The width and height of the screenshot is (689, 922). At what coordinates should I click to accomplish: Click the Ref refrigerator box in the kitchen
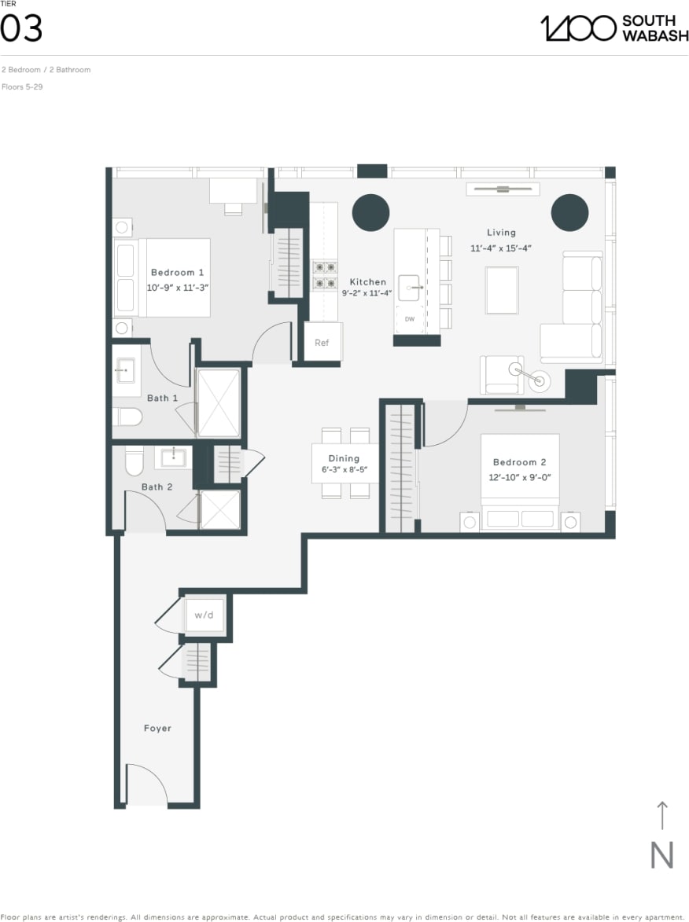click(x=322, y=342)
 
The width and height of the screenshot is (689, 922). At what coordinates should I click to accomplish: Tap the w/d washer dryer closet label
click(x=204, y=615)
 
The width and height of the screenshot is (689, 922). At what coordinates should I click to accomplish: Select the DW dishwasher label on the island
click(x=410, y=319)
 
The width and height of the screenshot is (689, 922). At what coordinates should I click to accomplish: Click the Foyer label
click(x=157, y=728)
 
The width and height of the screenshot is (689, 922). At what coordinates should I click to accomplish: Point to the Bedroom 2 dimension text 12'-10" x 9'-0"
click(x=520, y=476)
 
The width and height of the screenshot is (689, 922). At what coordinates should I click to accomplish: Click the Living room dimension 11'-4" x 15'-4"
click(x=501, y=248)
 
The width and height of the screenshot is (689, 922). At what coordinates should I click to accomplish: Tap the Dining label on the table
click(x=344, y=458)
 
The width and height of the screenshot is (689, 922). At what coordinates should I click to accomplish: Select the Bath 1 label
click(x=162, y=399)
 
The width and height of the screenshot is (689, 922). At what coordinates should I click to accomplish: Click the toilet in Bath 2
click(x=134, y=461)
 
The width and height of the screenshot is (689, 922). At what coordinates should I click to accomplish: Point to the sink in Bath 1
click(x=126, y=369)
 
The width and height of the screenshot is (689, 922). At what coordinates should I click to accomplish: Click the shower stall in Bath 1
click(x=218, y=402)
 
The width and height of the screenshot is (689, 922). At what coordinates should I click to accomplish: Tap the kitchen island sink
click(x=411, y=288)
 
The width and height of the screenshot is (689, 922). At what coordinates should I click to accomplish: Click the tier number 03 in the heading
click(x=21, y=29)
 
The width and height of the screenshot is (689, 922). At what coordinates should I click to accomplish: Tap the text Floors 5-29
click(x=22, y=86)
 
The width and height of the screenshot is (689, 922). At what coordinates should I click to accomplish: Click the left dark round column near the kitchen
click(x=370, y=211)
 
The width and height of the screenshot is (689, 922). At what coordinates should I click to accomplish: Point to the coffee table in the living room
click(x=502, y=290)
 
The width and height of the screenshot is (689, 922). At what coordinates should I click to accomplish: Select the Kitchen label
click(x=367, y=281)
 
